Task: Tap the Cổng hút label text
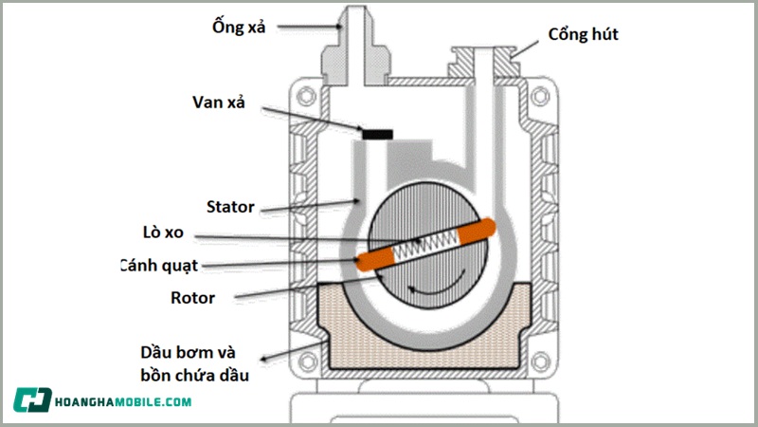pos(584,35)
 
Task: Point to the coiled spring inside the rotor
pos(425,246)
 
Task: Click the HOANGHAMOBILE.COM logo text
pos(126,400)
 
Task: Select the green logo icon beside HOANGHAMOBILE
pos(34,400)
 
